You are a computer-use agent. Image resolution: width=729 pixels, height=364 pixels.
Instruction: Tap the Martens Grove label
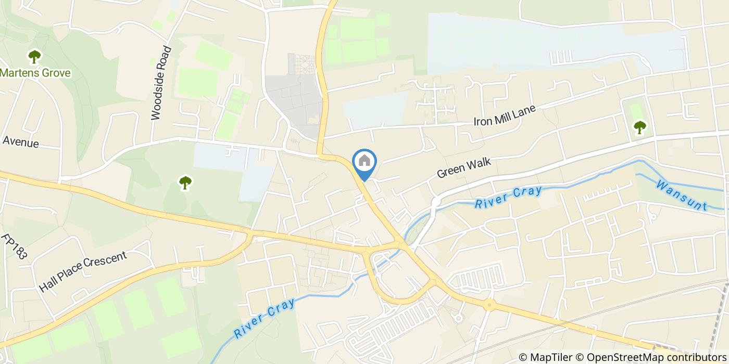click(35, 73)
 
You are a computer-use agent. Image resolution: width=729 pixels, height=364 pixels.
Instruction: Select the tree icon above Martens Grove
click(34, 56)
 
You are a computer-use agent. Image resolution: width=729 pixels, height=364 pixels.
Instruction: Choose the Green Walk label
click(464, 168)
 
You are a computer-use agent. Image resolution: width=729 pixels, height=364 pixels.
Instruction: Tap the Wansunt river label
click(682, 195)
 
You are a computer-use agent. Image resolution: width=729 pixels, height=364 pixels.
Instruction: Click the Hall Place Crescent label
click(83, 271)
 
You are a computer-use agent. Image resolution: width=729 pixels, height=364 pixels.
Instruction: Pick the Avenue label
click(21, 141)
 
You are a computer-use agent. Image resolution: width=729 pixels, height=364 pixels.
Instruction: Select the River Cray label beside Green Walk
click(508, 198)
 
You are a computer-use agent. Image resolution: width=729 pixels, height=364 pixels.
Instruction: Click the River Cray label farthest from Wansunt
click(265, 317)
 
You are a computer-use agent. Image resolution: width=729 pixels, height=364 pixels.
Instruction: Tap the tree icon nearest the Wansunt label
click(639, 126)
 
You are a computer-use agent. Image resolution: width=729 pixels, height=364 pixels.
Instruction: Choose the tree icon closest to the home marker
click(185, 183)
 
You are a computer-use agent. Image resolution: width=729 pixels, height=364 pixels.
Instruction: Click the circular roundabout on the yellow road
click(488, 306)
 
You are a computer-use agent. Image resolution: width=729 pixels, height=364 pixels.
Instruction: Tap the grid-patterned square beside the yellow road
click(301, 64)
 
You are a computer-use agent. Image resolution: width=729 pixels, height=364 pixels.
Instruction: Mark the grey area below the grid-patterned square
click(294, 99)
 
